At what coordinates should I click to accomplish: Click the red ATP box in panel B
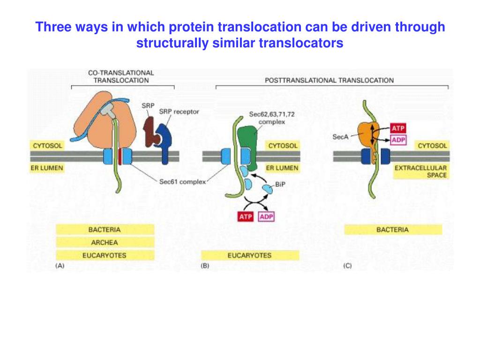coord(243,217)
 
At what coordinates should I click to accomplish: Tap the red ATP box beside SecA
coord(398,128)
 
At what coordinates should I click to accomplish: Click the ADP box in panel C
coord(398,140)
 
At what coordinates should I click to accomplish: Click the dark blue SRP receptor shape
coord(165,138)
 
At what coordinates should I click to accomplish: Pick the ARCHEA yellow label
coord(105,242)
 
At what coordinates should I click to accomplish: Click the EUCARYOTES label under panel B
coord(249,255)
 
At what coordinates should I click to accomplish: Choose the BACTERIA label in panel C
coord(392,230)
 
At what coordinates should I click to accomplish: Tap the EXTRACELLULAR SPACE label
coord(420,171)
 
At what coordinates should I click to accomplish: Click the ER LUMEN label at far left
coord(47,167)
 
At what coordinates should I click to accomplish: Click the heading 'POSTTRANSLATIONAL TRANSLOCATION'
coord(329,80)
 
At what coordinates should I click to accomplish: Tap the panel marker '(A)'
coord(60,266)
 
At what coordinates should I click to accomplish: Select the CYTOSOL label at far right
coord(432,146)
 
